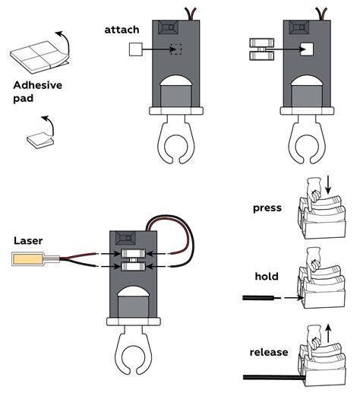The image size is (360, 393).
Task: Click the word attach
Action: tap(122, 30)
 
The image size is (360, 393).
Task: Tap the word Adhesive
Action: tap(38, 85)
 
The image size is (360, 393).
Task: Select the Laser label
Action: tap(28, 241)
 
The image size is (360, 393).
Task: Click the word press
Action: tap(267, 208)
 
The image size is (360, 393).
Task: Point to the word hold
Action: tap(267, 276)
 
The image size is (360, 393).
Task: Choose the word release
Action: tap(269, 352)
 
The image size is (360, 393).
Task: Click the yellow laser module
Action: tap(28, 258)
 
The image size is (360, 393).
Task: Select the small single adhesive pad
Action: tap(40, 141)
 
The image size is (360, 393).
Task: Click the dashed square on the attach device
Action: tap(176, 49)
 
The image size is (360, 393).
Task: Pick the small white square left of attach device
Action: tap(136, 49)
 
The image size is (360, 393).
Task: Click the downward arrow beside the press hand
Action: tap(328, 185)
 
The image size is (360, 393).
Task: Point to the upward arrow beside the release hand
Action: tap(328, 333)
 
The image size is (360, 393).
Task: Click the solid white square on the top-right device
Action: tap(307, 49)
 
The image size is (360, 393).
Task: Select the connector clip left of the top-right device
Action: tap(262, 49)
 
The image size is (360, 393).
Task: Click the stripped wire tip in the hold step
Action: tap(278, 298)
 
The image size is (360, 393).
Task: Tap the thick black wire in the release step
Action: tap(274, 377)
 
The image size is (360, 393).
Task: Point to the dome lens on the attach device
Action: tap(176, 81)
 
